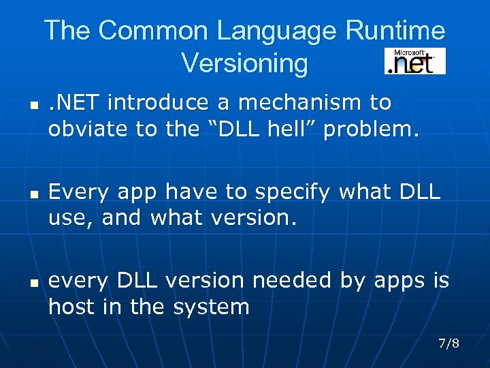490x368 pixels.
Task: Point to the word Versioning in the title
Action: click(244, 63)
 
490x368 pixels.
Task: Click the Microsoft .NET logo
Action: click(414, 61)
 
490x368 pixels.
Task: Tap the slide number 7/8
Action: click(449, 343)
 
